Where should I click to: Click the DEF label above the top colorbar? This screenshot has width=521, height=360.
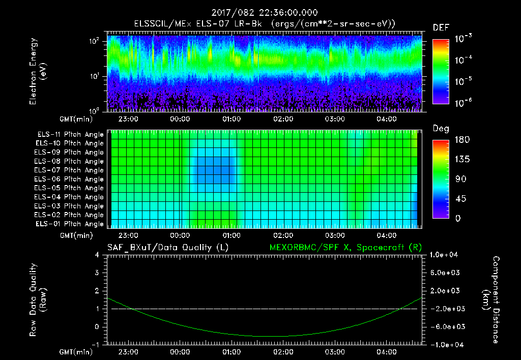[x=441, y=27]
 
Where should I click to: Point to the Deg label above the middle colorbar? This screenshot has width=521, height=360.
[x=441, y=129]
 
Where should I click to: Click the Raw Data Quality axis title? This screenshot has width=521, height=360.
[x=38, y=300]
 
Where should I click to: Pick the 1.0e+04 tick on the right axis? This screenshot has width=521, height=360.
[x=445, y=255]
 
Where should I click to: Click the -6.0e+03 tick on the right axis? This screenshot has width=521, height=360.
[x=445, y=326]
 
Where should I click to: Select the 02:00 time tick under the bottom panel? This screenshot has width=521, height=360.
[x=283, y=352]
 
